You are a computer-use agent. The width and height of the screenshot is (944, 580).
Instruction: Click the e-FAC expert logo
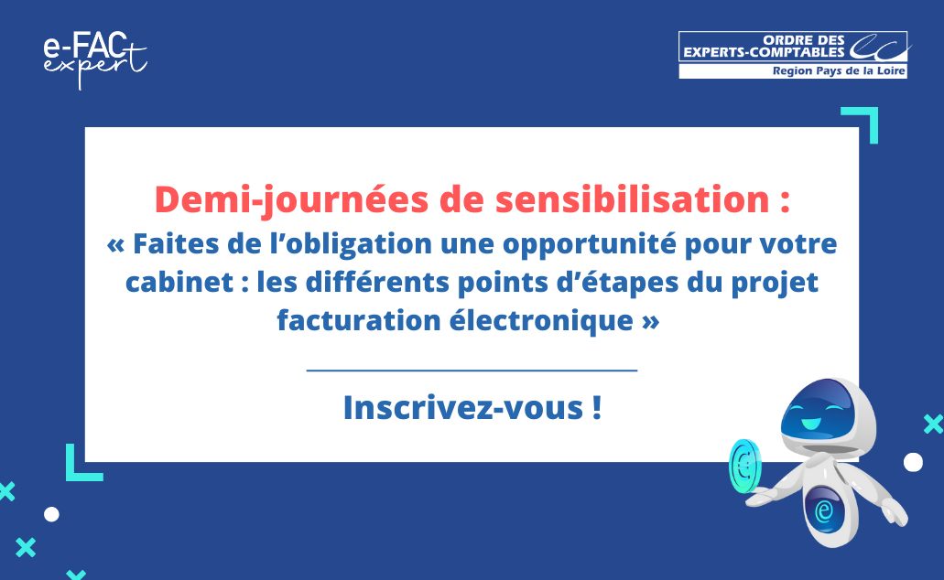95,59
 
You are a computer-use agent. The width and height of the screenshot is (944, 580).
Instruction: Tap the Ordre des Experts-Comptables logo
794,55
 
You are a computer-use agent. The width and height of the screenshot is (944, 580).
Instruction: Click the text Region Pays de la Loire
839,71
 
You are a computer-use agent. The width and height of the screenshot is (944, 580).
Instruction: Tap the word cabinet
179,282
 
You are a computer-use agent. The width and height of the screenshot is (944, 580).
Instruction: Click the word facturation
359,321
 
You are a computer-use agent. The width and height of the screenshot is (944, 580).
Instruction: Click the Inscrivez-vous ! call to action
472,407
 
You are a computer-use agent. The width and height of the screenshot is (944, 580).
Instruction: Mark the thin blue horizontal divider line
472,371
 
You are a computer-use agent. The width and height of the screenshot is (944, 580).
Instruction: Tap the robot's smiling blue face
817,411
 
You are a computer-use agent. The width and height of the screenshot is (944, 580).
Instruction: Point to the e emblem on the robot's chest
823,510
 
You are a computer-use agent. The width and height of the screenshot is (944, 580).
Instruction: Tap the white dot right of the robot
913,462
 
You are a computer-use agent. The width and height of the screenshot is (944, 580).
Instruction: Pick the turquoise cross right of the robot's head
934,424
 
